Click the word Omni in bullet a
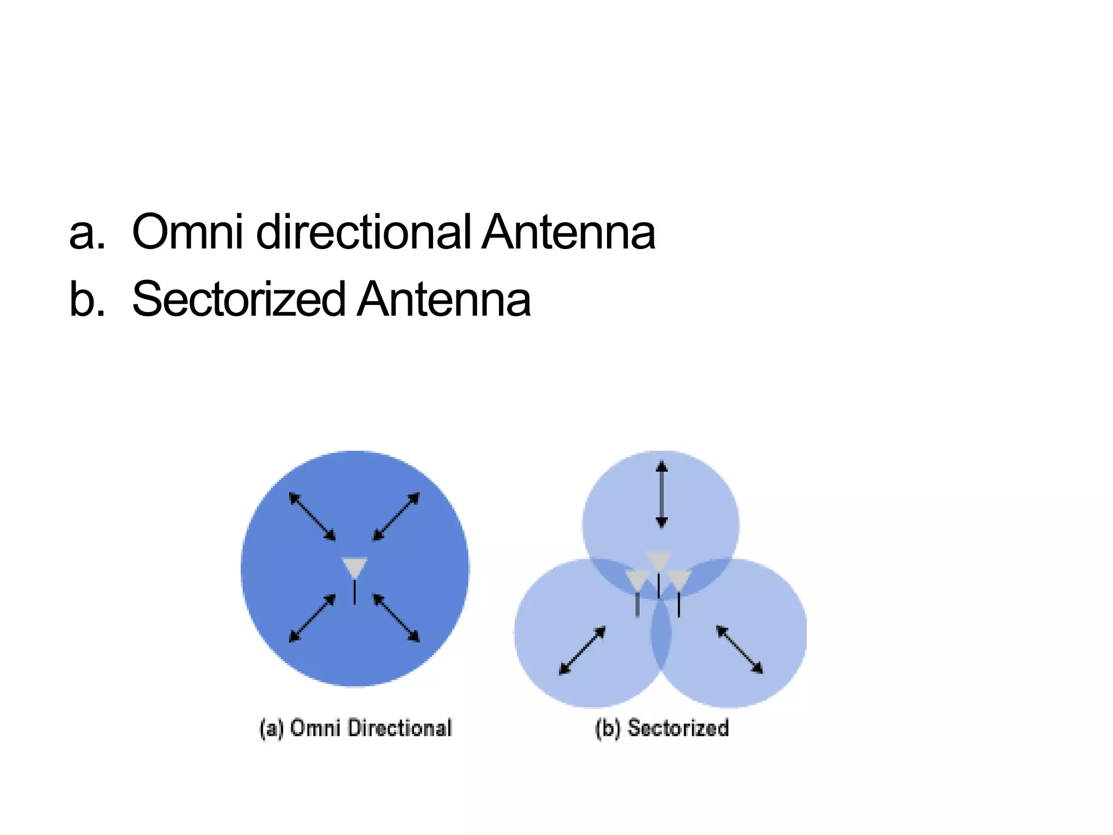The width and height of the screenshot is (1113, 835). point(187,232)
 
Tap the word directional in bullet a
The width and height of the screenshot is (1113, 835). point(363,232)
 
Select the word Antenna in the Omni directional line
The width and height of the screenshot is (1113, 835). point(568,232)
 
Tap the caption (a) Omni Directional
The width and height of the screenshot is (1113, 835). point(355,728)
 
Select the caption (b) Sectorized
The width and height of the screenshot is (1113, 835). point(662,728)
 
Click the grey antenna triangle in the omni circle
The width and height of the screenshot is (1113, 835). point(355,567)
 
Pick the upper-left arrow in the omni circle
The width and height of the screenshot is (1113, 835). point(312,516)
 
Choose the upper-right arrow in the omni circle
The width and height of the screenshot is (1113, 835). point(396,516)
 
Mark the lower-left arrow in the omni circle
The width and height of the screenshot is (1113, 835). point(312,619)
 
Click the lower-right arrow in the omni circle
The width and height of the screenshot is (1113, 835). point(396,619)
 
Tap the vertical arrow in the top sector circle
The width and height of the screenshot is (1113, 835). point(661,495)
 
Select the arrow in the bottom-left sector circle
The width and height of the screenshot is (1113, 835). point(583,651)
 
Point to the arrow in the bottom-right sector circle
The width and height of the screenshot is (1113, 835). point(740,650)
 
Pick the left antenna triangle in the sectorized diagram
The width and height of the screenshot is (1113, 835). point(637,580)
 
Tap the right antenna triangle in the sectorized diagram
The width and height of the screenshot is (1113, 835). point(679,579)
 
